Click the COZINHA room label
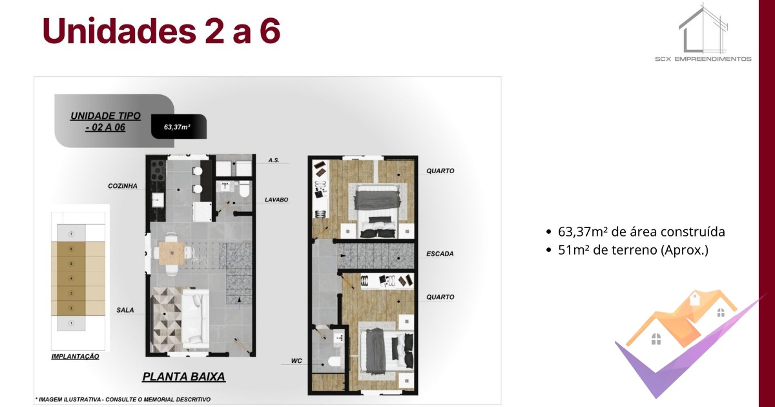pos(123,186)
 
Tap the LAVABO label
pos(276,200)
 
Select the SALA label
pos(125,310)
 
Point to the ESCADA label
pos(440,254)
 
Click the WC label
pos(296,360)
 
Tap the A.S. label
pos(274,160)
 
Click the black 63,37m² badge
pos(179,127)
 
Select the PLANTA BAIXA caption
pos(183,377)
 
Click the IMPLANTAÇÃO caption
pos(75,357)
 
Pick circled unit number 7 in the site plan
pos(71,234)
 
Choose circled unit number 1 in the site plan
pos(71,323)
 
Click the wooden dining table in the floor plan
pos(172,253)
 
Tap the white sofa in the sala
pos(195,318)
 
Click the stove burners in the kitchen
pos(158,171)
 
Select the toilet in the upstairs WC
pos(335,362)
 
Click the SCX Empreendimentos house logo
pos(703,32)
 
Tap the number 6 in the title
pos(270,31)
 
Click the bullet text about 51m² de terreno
pos(633,250)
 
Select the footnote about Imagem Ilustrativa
pos(123,399)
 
